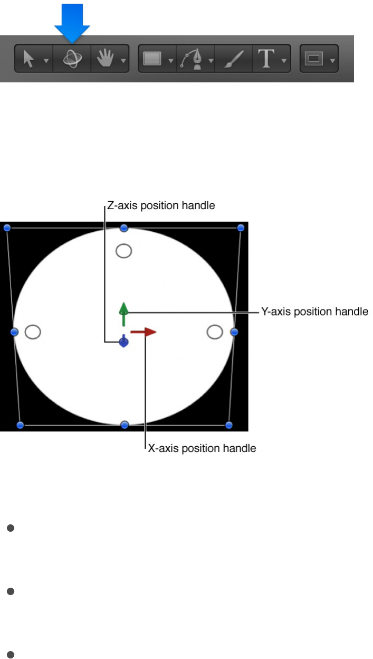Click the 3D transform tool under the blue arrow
[72, 59]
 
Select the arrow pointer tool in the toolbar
[30, 59]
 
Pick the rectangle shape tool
[152, 59]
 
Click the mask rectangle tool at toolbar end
[314, 59]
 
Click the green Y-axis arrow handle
[123, 313]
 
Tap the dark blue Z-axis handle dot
[123, 342]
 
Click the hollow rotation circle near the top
[123, 251]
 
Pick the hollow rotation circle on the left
[33, 332]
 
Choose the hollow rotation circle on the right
[214, 332]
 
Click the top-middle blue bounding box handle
[124, 228]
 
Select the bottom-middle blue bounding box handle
[125, 425]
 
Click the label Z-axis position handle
[161, 206]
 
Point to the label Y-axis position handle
[314, 312]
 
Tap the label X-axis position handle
[202, 448]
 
